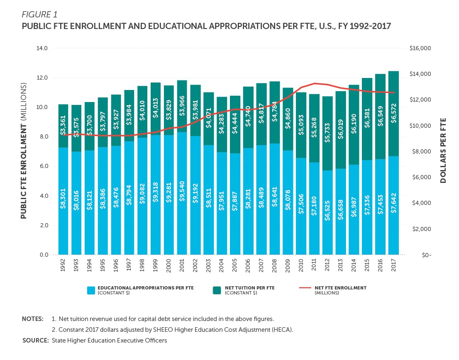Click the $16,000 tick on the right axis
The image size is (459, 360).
421,49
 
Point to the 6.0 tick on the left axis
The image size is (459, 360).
44,166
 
